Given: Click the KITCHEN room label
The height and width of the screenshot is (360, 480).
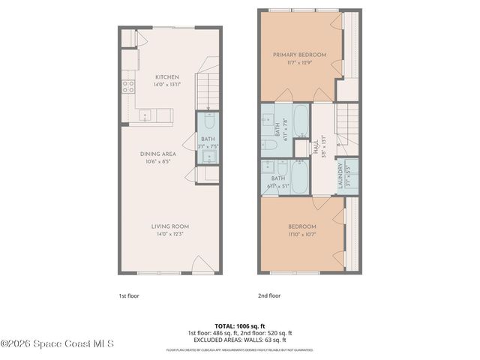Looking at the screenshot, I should point(166,76).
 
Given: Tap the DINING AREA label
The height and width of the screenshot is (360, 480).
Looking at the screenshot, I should point(157,154).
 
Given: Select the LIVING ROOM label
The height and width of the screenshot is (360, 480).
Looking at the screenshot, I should point(169,226).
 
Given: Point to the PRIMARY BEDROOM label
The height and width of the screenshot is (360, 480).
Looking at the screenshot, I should point(299,54).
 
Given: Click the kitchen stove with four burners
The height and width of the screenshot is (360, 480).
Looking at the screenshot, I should point(128,85).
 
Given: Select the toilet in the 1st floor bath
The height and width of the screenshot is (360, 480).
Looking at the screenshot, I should point(209,121).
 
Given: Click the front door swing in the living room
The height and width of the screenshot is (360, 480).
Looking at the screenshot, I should point(200,265).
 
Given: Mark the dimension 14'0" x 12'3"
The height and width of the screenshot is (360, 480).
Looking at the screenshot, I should point(169,234).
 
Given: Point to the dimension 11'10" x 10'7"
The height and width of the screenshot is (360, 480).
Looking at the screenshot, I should point(302,234).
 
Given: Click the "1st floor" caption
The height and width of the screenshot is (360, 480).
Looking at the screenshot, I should point(128,295).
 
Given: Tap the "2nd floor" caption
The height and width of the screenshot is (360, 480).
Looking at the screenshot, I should point(268,295).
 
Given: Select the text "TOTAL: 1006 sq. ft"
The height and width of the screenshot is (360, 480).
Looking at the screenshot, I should point(240,325).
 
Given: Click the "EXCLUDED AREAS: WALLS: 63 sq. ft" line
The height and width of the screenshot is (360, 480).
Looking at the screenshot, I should point(240,339).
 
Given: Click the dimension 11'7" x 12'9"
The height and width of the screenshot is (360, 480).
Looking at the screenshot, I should point(299,61).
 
